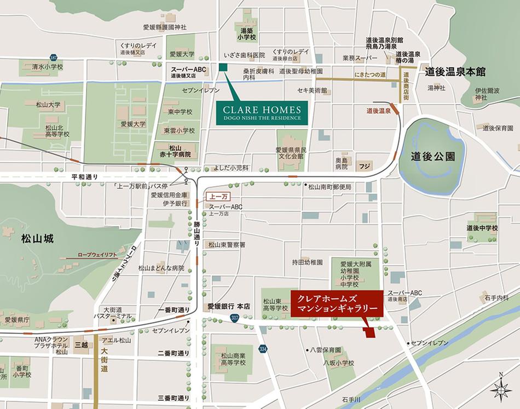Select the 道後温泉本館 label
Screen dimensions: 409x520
tap(455, 72)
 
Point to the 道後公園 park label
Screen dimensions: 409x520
tap(433, 155)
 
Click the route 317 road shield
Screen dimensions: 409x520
tap(235, 318)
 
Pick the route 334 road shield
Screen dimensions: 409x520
tap(263, 348)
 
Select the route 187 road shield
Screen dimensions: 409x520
tap(53, 57)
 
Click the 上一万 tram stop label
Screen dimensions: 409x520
tap(213, 195)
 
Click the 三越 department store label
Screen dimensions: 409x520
tap(82, 345)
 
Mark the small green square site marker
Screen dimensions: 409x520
tap(223, 67)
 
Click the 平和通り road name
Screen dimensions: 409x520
tap(84, 177)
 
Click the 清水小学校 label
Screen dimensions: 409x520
tap(47, 67)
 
